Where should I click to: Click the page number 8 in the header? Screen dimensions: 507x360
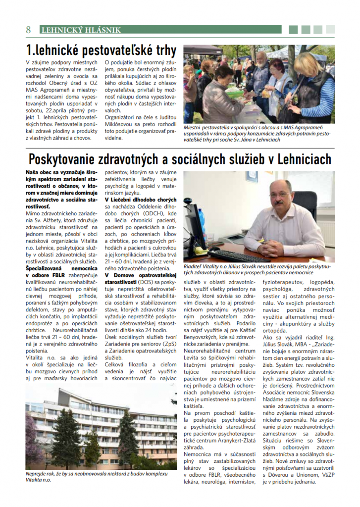pyautogui.click(x=29, y=30)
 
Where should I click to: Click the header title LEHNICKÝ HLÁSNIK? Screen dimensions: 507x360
pyautogui.click(x=81, y=30)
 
